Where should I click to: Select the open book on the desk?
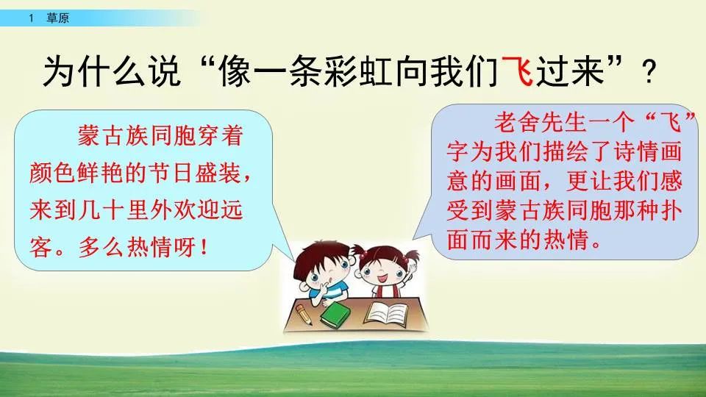[391, 312]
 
